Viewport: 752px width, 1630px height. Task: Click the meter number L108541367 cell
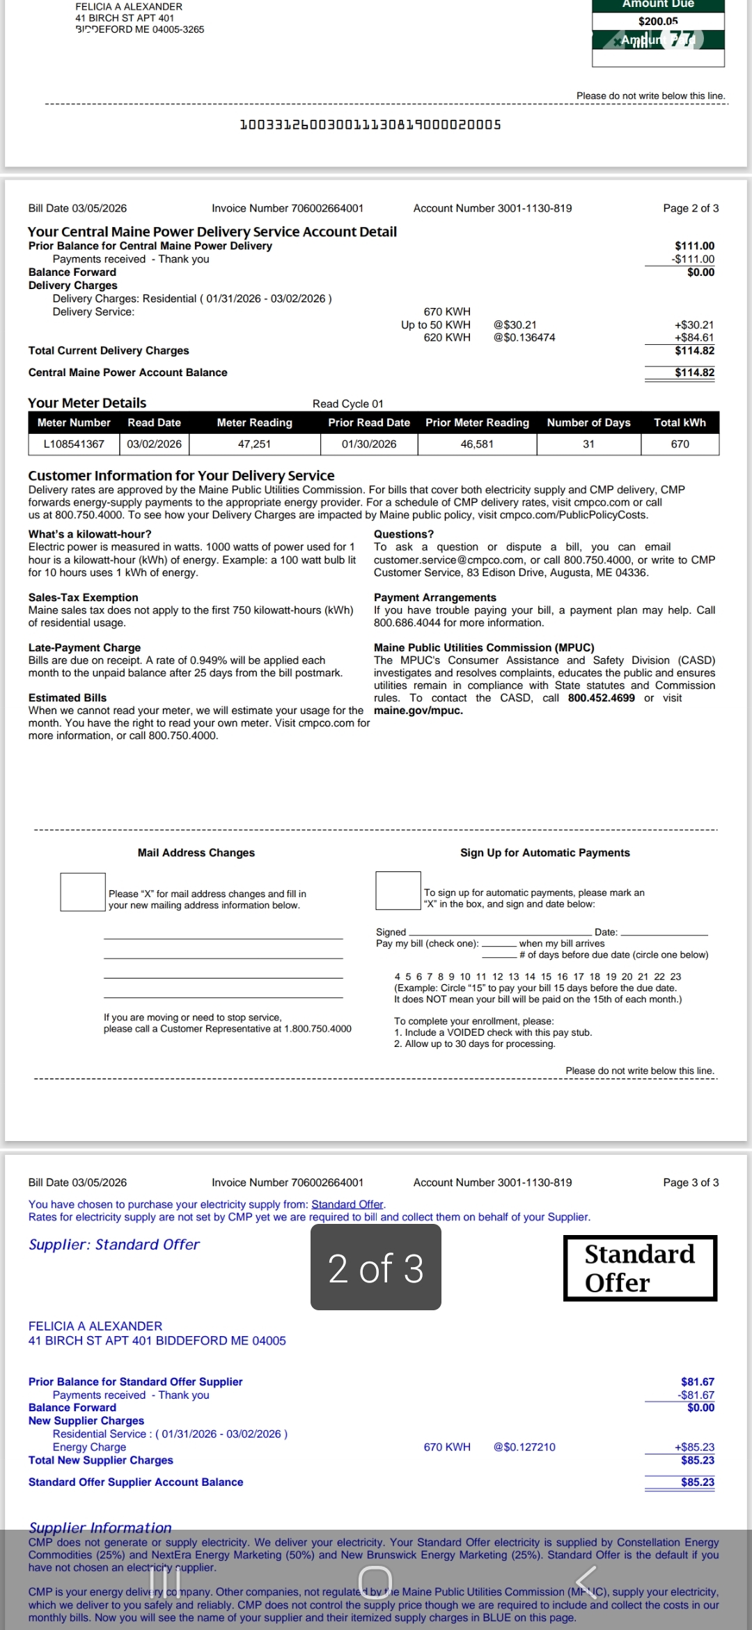(x=74, y=444)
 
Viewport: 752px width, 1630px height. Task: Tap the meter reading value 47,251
(x=254, y=444)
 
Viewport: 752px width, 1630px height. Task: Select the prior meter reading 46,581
(x=477, y=444)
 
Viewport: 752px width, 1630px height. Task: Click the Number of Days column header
(x=588, y=423)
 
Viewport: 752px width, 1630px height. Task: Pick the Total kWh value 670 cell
(x=680, y=444)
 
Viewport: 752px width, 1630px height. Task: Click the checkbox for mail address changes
(x=83, y=892)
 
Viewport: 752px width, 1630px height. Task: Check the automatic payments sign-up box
(x=398, y=890)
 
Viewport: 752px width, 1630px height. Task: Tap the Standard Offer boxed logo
(x=640, y=1268)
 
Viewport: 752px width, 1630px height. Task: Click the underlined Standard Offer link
(x=347, y=1204)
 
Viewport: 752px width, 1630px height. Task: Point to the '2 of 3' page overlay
(x=376, y=1268)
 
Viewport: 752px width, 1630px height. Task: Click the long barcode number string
(x=370, y=125)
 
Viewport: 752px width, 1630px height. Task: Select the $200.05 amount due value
(x=658, y=22)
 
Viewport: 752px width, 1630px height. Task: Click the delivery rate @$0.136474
(x=524, y=338)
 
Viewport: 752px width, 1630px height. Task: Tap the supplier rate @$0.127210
(x=524, y=1447)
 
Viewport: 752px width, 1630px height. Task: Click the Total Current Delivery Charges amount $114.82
(x=694, y=351)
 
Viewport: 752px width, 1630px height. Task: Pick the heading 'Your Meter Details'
(x=87, y=403)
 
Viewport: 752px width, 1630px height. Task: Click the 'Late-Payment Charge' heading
(x=84, y=648)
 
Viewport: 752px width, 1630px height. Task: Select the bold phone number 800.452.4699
(x=601, y=698)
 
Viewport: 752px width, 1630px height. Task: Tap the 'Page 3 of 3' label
(x=691, y=1182)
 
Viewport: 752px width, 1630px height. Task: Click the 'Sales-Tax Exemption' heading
(x=83, y=598)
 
